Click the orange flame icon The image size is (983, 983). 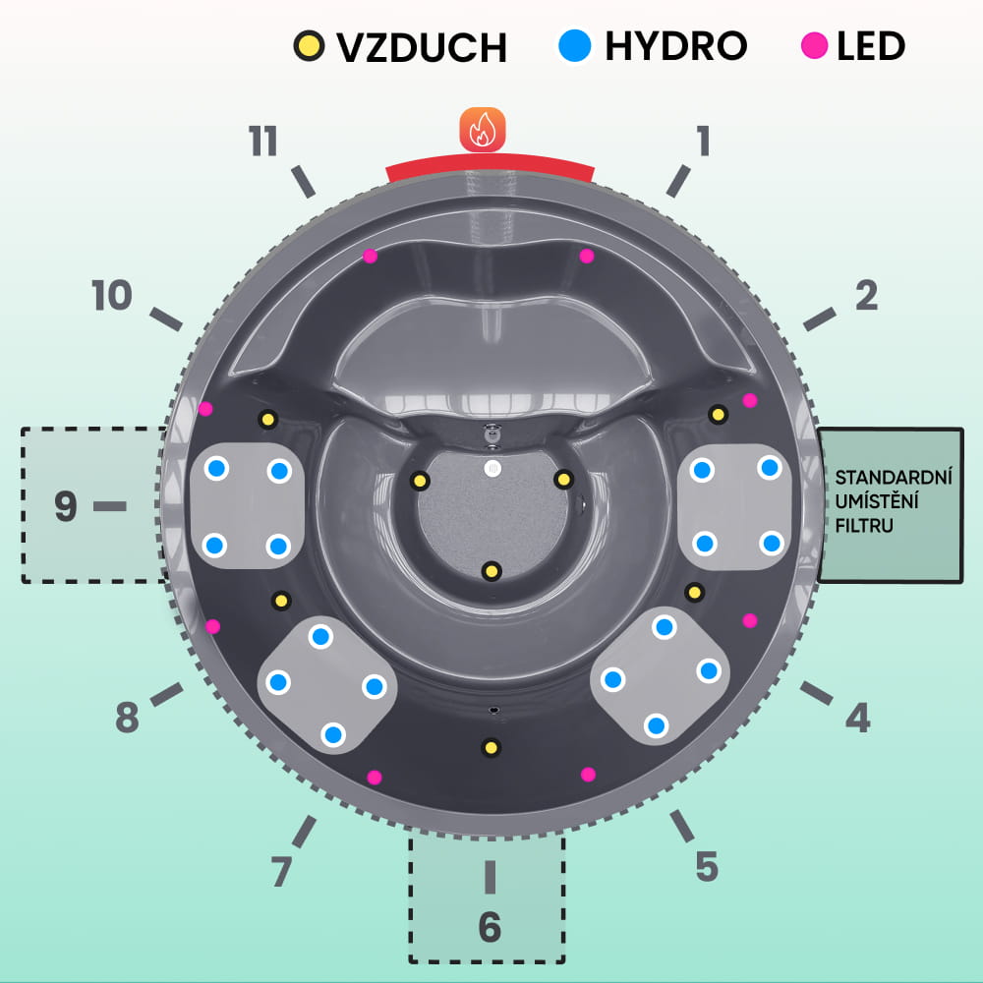coord(483,130)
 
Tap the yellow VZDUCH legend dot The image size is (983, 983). coord(309,45)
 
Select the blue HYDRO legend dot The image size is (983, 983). coord(574,45)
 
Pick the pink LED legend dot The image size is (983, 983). coord(815,45)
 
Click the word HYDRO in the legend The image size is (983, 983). coord(675,45)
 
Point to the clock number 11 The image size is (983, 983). coord(263,143)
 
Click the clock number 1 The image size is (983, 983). coord(701,142)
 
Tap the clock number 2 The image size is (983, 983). coord(865,296)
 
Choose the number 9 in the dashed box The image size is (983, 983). coord(65,507)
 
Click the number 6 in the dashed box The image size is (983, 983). coord(489,926)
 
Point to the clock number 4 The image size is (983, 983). coord(858,720)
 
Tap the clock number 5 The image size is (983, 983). coord(707,866)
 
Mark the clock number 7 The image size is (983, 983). coord(281,871)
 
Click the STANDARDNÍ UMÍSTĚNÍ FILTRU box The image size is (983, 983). coord(891,504)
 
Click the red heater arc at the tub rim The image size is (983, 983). coord(490,169)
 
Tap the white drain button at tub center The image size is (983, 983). coord(491,469)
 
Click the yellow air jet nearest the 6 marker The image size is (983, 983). coord(490,749)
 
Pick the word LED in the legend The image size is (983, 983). coord(871,45)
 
